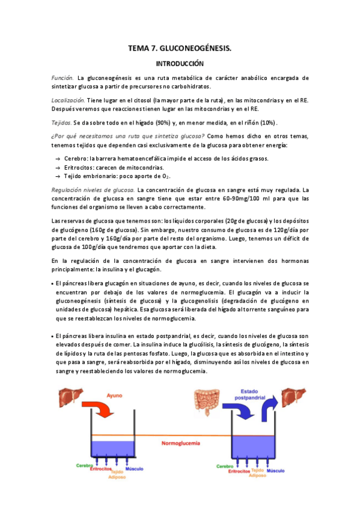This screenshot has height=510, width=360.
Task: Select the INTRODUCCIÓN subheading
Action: pos(180,63)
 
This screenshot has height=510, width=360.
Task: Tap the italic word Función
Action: pos(63,78)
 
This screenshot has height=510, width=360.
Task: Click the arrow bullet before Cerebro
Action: pos(57,158)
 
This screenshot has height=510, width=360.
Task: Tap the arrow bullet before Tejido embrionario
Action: pos(57,176)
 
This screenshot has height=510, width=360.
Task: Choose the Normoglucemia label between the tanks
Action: pos(180,444)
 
